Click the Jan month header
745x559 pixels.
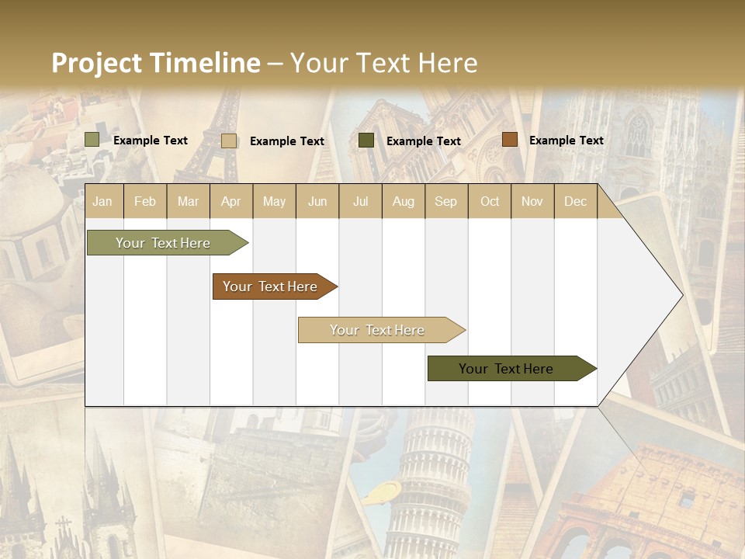tap(102, 202)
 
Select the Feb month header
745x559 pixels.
tap(145, 202)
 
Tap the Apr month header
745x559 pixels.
tap(230, 202)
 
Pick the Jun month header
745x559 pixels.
tap(317, 202)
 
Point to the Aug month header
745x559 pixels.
tap(404, 202)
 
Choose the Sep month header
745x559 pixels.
tap(445, 202)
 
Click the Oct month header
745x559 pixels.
tap(490, 202)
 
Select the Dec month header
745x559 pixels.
tap(576, 202)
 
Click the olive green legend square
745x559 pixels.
tap(92, 140)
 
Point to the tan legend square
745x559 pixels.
tap(229, 141)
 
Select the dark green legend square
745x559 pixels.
tap(366, 141)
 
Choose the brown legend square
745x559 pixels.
tap(510, 140)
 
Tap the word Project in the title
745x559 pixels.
tap(97, 63)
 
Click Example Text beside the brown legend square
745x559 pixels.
tap(567, 141)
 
